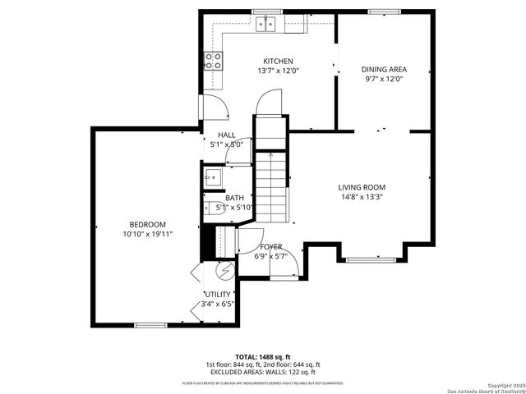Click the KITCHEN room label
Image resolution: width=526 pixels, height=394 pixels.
point(278,62)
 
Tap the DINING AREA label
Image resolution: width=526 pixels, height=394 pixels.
point(385,70)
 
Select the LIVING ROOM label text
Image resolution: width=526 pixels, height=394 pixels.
point(362,187)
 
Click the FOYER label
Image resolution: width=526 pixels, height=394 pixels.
point(271,246)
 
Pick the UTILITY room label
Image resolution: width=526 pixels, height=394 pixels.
point(218,295)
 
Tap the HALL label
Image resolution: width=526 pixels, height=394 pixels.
point(227,135)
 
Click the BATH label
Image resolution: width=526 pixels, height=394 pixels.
point(235,198)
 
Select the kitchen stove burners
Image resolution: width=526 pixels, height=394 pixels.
point(213,59)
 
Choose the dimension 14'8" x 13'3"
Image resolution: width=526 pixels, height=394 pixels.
point(362,197)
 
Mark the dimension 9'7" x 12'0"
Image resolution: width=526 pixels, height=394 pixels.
point(385,80)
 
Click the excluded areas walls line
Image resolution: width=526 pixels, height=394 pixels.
point(263,372)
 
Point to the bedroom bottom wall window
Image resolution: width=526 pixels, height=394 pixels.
point(151,325)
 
